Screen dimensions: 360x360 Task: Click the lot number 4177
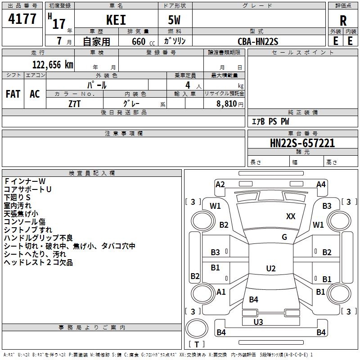[22, 19]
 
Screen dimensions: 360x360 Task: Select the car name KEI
[116, 20]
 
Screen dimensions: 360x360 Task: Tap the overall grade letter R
[343, 20]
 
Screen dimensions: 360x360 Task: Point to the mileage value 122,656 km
[53, 65]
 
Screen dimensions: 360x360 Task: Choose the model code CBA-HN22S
[258, 41]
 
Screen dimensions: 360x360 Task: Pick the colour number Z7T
[75, 103]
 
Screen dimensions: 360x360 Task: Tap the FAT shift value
[13, 94]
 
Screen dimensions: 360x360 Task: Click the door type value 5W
[175, 20]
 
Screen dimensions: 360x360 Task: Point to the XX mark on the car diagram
[291, 216]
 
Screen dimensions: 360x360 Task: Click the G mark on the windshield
[284, 237]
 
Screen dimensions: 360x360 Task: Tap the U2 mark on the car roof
[270, 269]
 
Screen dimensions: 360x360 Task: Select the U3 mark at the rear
[258, 322]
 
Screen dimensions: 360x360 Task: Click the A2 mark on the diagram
[220, 184]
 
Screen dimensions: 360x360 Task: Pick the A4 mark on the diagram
[321, 184]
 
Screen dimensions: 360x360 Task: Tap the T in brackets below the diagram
[197, 344]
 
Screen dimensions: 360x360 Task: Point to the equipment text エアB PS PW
[270, 121]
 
